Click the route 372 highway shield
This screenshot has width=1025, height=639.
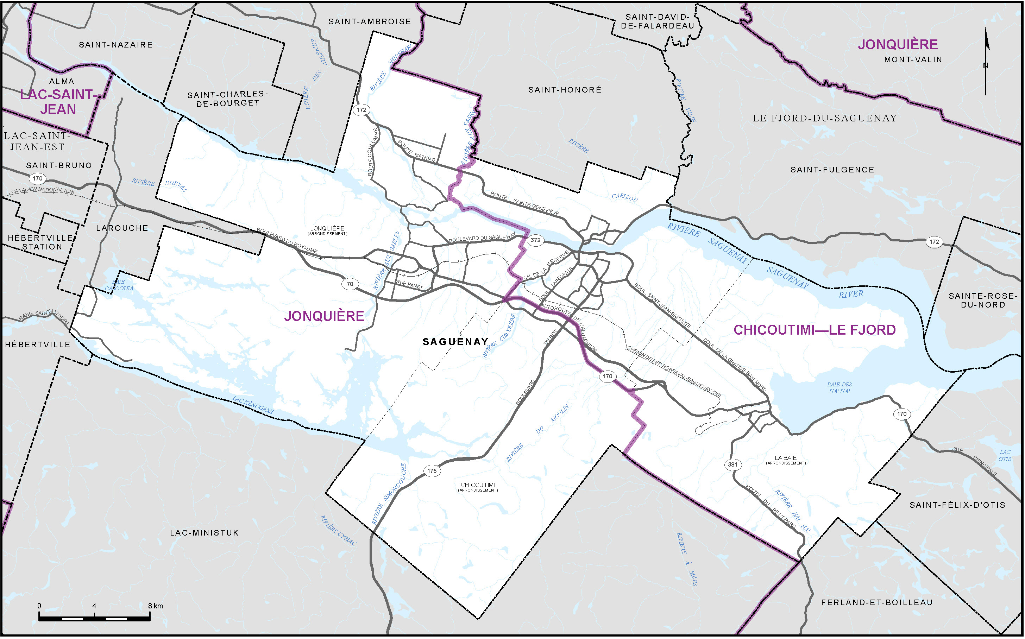click(x=535, y=240)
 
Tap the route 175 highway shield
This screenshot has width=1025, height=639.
click(x=432, y=471)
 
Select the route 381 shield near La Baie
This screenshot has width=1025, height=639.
click(x=732, y=464)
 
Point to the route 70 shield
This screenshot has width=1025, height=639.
click(x=350, y=284)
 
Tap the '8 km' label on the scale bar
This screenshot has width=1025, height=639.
click(x=155, y=606)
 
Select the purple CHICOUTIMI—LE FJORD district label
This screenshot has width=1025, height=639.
click(x=815, y=330)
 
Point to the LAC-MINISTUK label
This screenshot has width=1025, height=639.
click(x=204, y=533)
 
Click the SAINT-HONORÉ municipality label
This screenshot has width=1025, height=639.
click(x=565, y=90)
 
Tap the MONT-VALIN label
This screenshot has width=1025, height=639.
click(x=913, y=59)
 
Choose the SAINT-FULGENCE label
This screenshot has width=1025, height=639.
click(x=832, y=170)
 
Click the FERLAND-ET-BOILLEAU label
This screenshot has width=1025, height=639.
click(x=877, y=602)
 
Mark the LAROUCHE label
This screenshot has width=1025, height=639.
click(x=122, y=228)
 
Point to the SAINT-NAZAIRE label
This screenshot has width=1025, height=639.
click(x=116, y=45)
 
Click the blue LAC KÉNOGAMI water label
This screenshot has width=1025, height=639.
click(x=253, y=405)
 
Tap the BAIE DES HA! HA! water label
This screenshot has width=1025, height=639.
click(x=840, y=387)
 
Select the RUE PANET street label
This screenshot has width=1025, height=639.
click(x=409, y=285)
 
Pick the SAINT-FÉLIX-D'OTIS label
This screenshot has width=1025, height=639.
click(x=957, y=505)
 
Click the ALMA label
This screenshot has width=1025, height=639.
click(x=62, y=81)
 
